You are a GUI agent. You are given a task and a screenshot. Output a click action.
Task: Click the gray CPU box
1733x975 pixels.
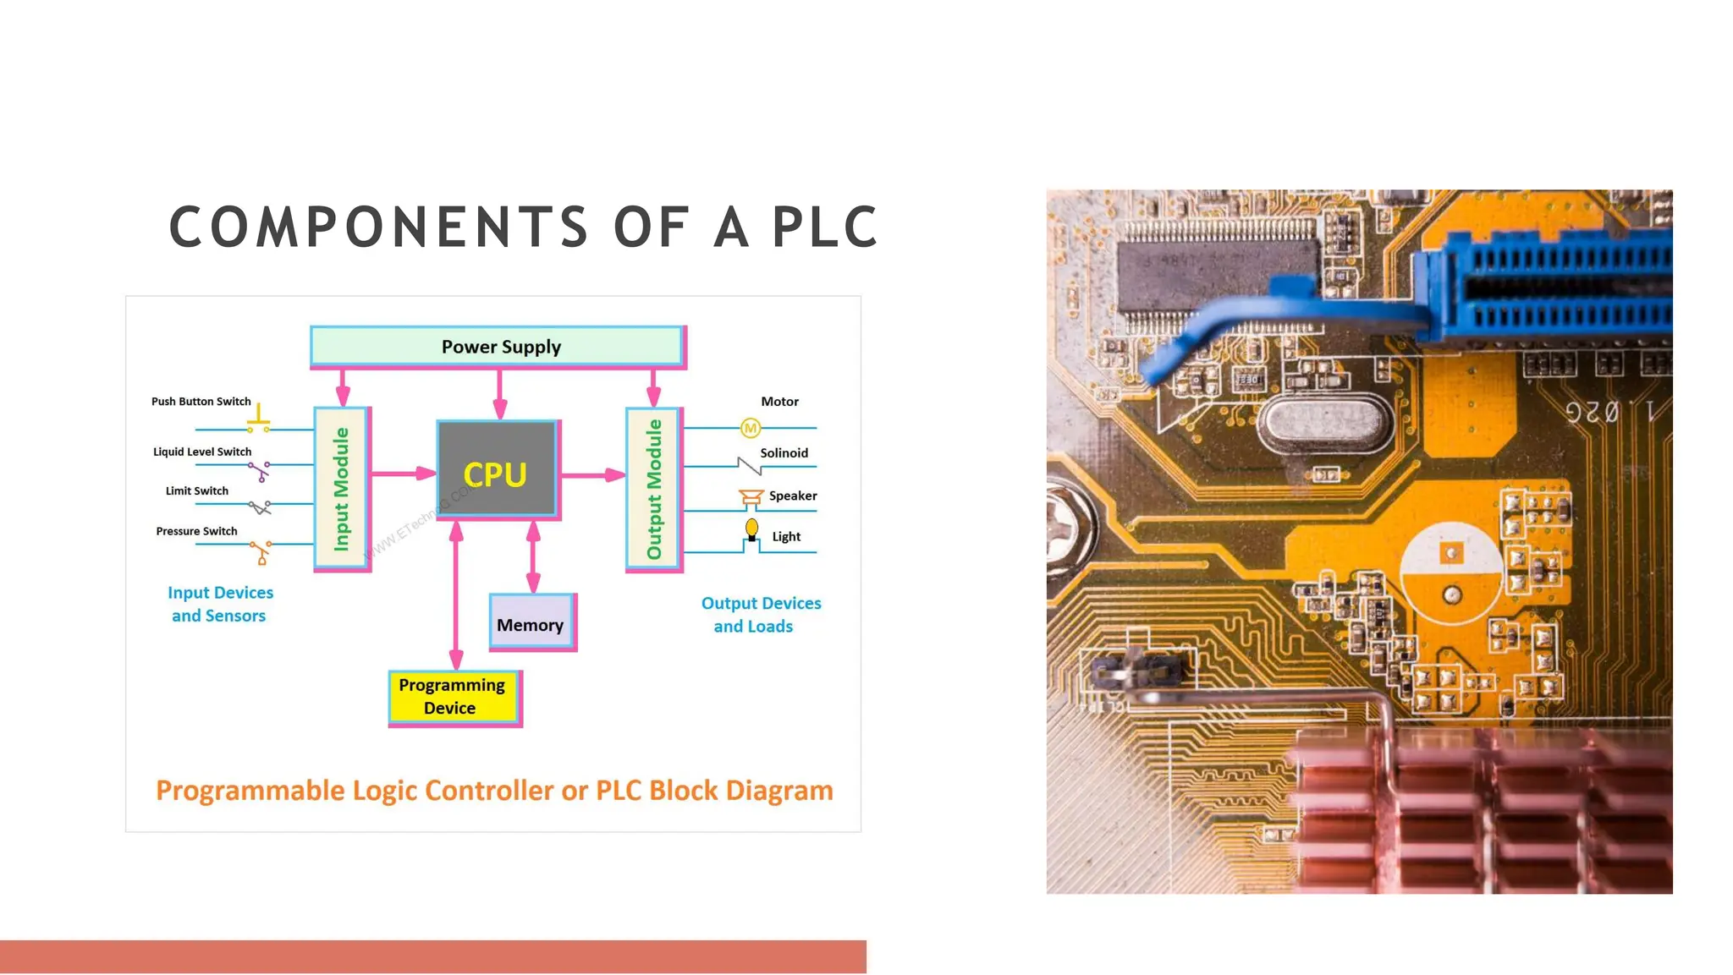[496, 468]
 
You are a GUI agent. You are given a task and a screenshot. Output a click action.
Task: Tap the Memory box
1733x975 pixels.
[531, 623]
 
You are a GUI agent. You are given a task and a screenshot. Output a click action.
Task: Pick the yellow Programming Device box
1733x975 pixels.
[454, 697]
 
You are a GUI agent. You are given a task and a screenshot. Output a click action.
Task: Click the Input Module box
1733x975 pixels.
[342, 489]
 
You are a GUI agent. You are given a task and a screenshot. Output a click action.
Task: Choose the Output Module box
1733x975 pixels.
[653, 489]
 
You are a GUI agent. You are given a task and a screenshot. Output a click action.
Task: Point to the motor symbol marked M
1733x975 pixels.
[751, 429]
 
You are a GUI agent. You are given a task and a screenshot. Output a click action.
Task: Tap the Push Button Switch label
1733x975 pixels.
[201, 402]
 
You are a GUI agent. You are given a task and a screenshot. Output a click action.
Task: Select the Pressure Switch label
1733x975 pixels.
[196, 531]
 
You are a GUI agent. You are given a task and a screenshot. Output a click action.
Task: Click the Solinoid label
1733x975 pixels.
[784, 453]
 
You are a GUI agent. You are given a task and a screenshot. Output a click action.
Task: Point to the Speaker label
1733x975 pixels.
[793, 496]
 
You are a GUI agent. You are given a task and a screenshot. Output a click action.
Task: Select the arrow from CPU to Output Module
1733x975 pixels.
[592, 475]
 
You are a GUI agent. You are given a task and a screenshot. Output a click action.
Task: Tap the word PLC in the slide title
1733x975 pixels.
[825, 227]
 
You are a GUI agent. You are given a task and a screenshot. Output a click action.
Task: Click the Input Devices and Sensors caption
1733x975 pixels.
[220, 604]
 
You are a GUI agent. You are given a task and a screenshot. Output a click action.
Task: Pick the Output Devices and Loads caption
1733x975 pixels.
[760, 615]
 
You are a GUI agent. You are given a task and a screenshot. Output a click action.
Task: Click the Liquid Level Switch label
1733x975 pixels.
[202, 452]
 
